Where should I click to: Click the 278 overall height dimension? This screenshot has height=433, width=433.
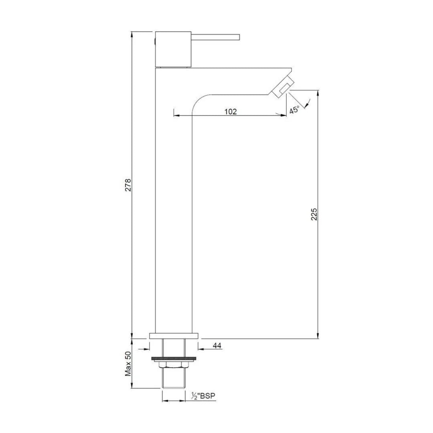tap(128, 185)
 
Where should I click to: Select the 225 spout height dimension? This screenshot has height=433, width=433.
tap(314, 214)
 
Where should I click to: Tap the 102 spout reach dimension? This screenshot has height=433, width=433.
tap(230, 111)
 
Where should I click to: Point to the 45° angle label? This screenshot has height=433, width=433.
tap(294, 109)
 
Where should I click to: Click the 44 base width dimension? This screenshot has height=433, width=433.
tap(217, 346)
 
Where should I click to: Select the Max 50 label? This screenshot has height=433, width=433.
tap(128, 364)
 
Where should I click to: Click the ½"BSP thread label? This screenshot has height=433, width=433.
tap(203, 396)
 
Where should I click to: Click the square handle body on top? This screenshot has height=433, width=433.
tap(173, 49)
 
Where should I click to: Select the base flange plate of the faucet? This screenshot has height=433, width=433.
tap(174, 336)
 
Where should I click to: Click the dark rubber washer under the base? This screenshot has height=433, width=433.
tap(174, 358)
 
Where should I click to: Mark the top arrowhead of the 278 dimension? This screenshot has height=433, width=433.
tap(132, 34)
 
